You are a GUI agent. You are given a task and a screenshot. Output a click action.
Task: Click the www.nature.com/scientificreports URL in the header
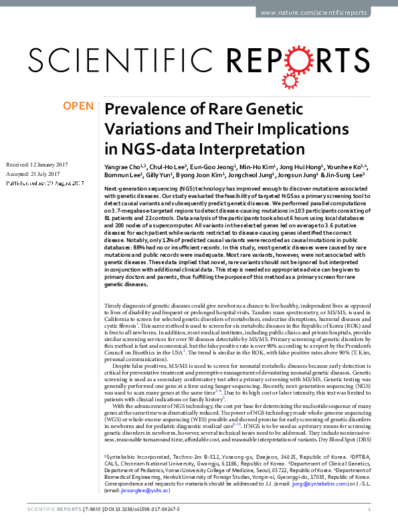point(316,13)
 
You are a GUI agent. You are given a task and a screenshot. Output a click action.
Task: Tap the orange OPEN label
point(77,106)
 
